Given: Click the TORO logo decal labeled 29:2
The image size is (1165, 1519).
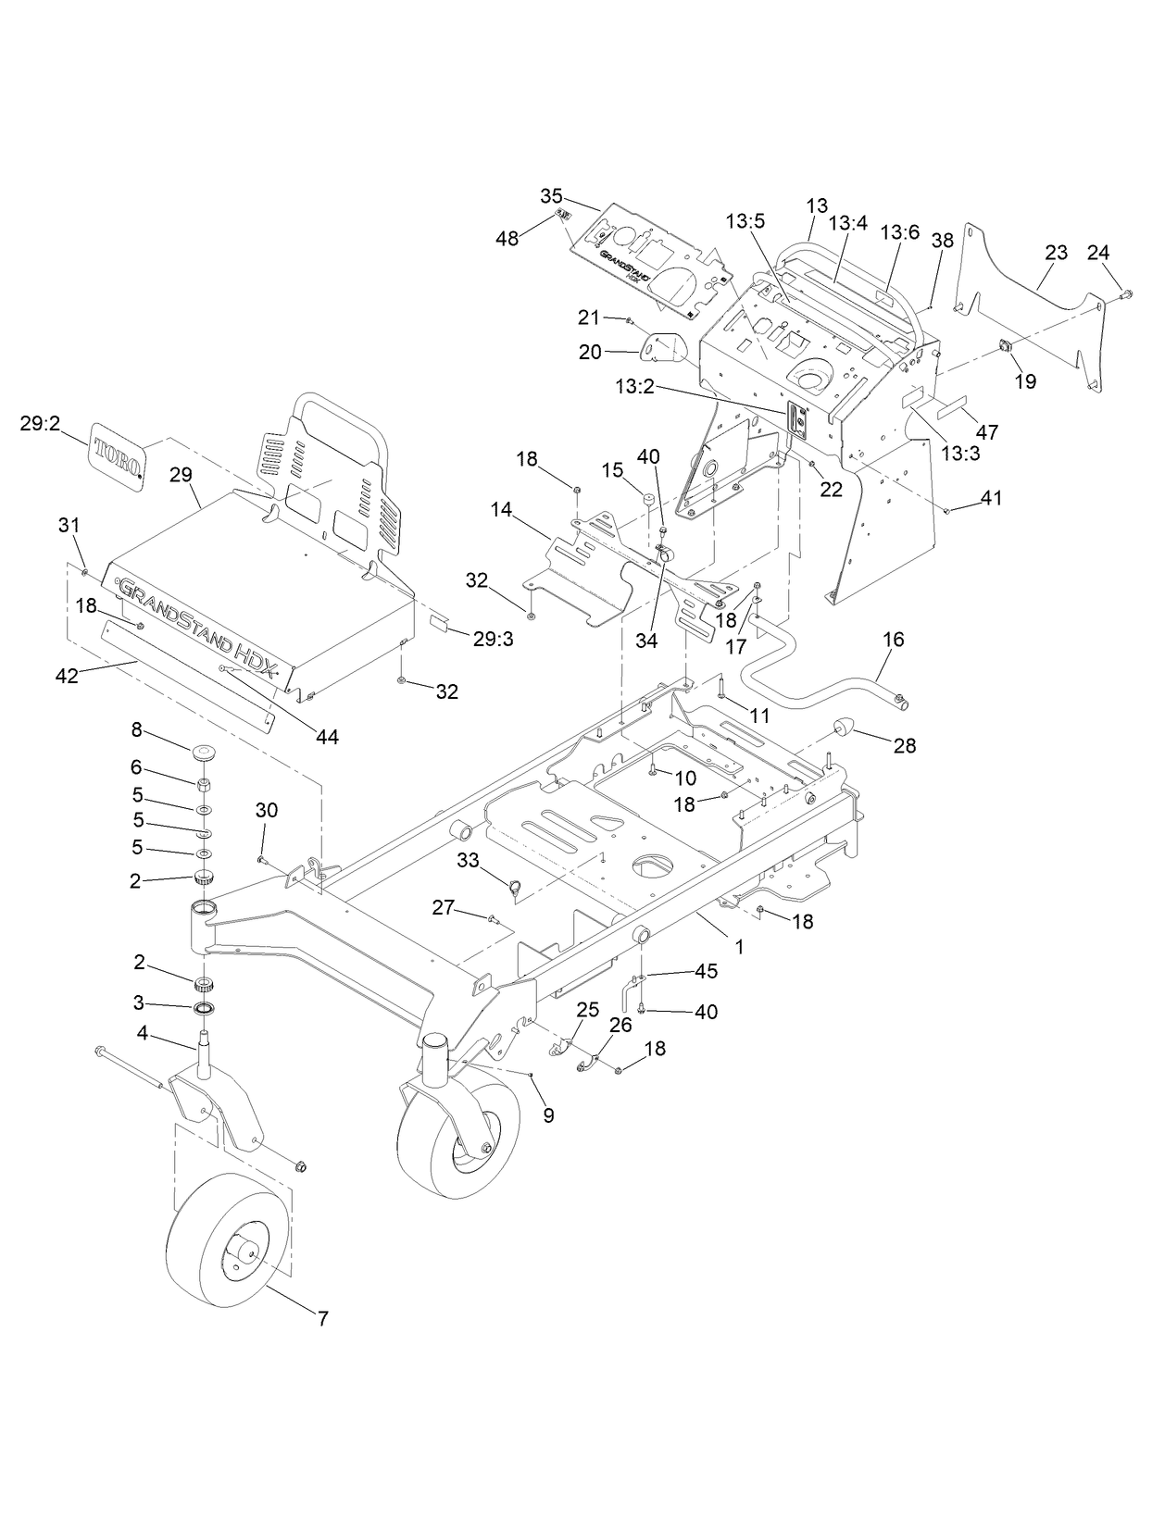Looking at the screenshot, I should [x=118, y=455].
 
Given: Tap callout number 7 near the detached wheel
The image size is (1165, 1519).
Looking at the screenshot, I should [x=322, y=1319].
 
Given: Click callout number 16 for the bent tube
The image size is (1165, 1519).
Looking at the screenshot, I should [x=894, y=640].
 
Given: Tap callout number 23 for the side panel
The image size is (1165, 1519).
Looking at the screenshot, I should [x=1056, y=252].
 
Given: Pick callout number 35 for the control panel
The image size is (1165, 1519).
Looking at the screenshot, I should [x=551, y=195].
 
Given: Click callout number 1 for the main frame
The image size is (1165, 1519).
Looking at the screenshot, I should [x=739, y=948].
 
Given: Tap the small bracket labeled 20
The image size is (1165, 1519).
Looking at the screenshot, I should [x=665, y=348].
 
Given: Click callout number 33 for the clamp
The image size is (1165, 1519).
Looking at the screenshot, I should [x=468, y=860].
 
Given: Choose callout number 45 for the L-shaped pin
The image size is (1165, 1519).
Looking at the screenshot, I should [x=707, y=971].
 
